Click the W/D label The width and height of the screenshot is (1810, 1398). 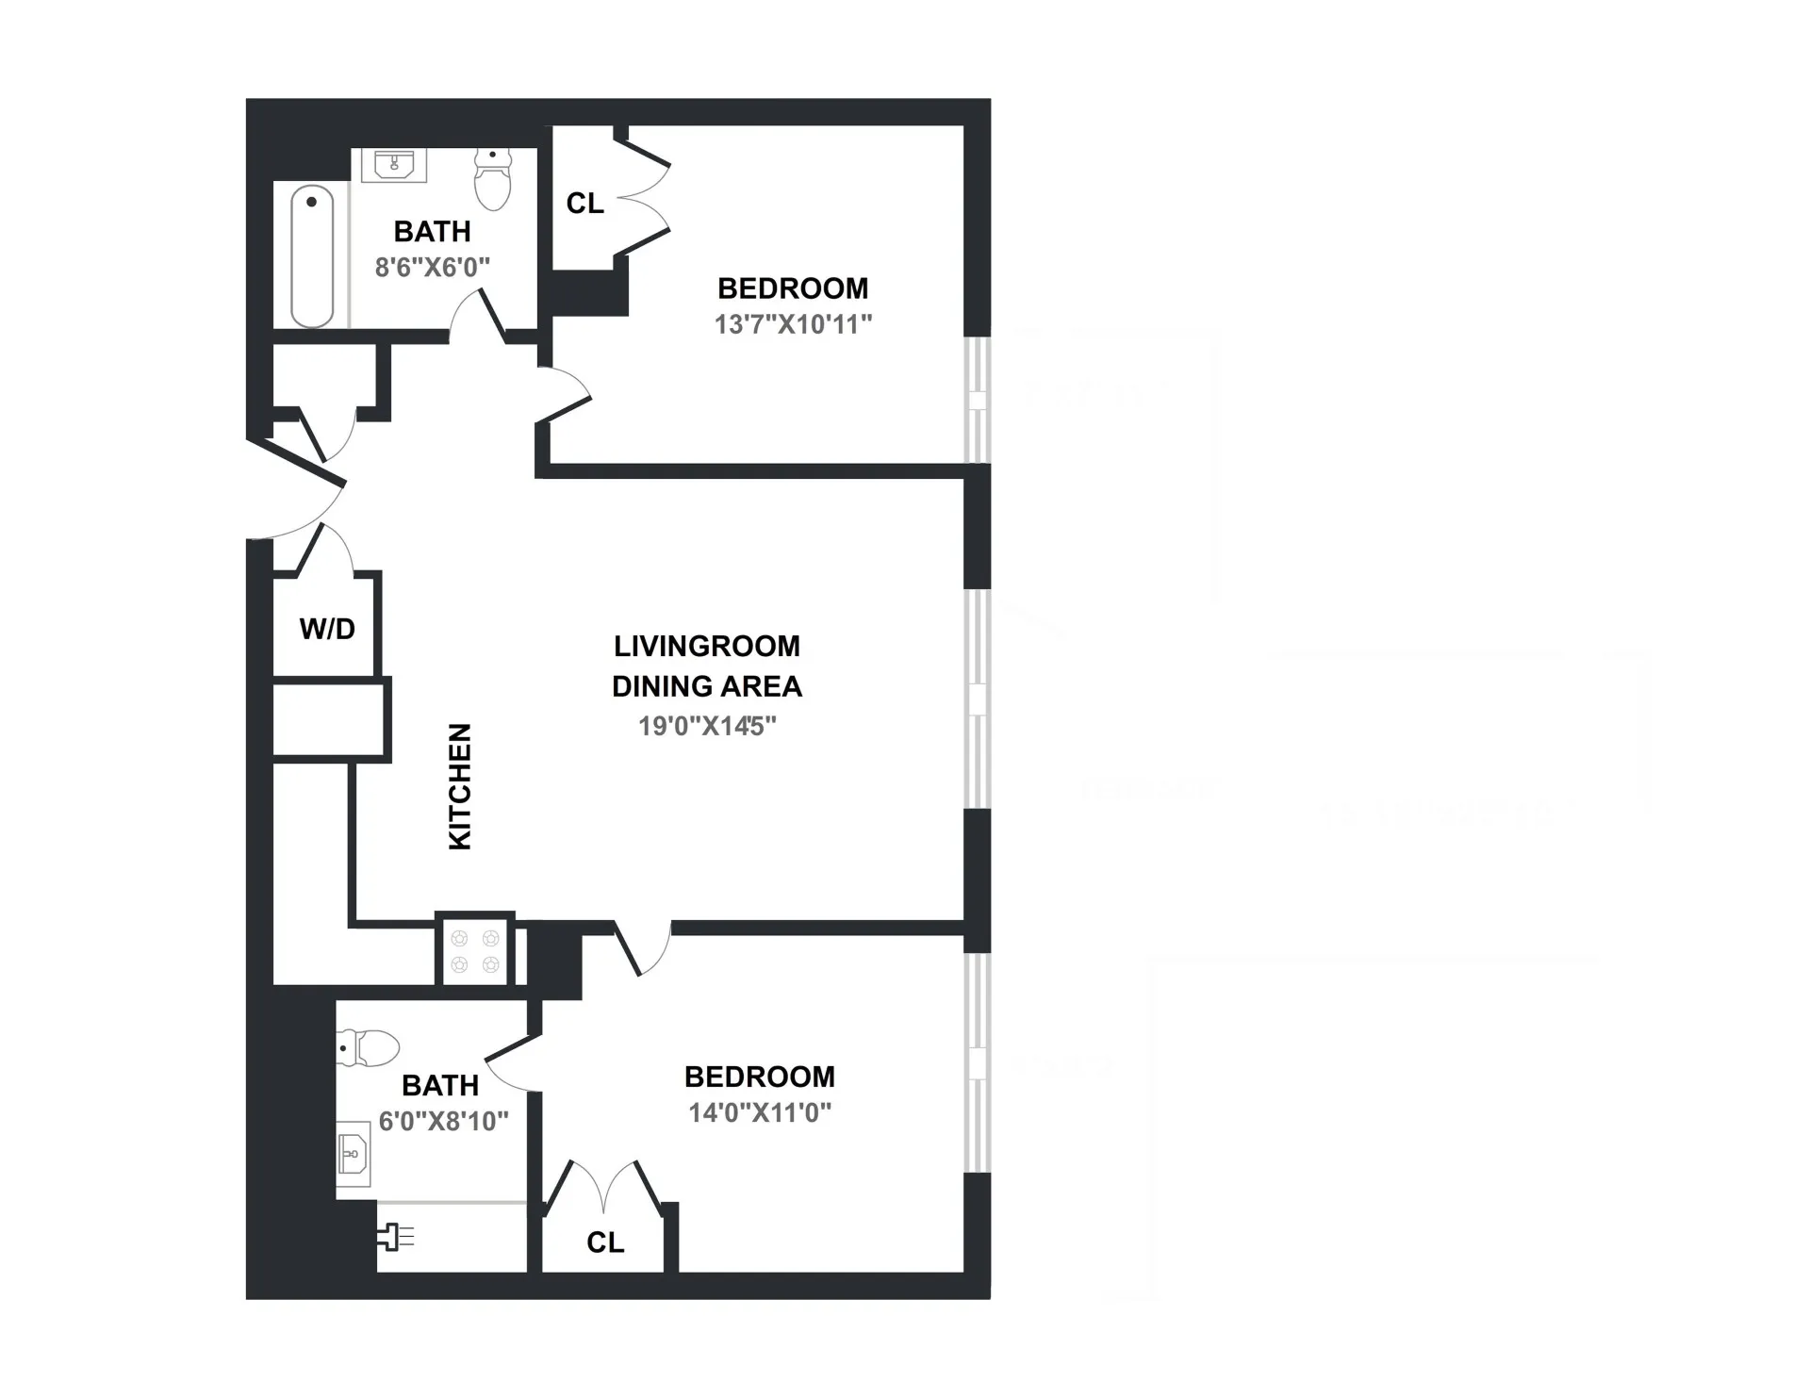click(327, 629)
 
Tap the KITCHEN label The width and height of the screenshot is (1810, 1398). click(459, 787)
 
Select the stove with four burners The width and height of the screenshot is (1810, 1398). click(475, 950)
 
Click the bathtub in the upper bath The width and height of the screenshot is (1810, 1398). click(312, 255)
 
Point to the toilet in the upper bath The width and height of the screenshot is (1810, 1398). click(492, 179)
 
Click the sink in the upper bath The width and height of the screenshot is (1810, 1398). click(394, 165)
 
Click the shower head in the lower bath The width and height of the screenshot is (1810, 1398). click(395, 1237)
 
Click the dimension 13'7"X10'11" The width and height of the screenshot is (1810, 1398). click(793, 324)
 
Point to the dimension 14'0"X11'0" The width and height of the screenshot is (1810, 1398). click(760, 1113)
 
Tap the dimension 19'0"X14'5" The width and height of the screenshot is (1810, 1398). click(707, 726)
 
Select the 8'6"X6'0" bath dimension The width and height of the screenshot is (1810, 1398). click(433, 268)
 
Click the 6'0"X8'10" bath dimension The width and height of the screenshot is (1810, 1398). click(443, 1121)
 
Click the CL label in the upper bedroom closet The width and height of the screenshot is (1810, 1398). click(584, 203)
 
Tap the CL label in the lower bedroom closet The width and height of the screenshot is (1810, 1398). click(605, 1242)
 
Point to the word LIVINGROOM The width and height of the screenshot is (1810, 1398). click(707, 647)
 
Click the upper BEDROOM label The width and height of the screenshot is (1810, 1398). click(793, 288)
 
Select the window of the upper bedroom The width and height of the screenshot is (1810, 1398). click(979, 400)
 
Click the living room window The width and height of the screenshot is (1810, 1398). click(979, 699)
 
